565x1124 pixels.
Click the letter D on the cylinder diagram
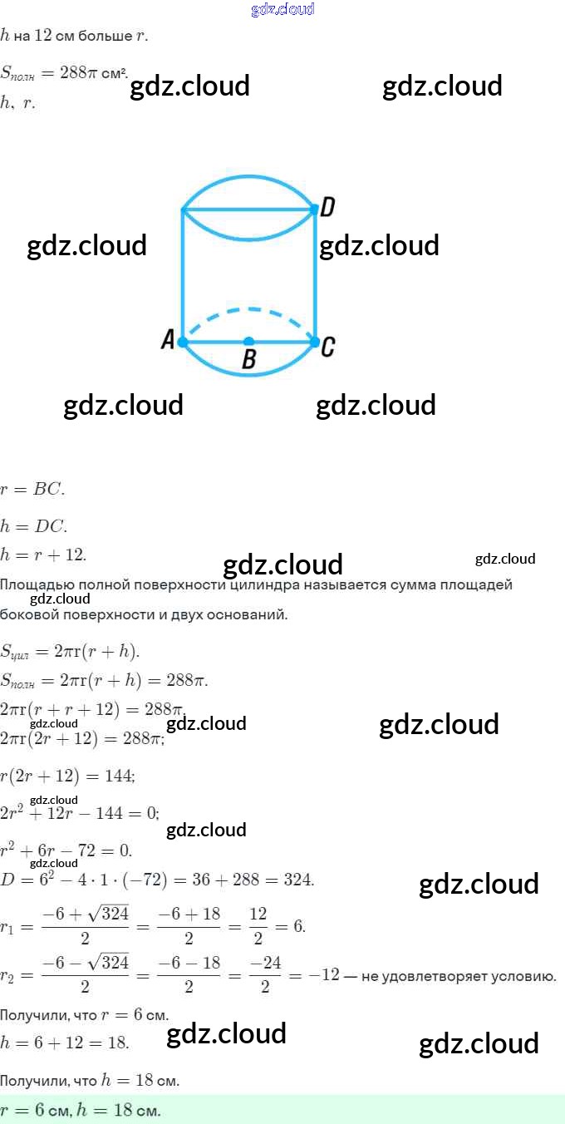(327, 208)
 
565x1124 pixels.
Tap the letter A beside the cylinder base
(168, 341)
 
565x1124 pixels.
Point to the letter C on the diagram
(328, 347)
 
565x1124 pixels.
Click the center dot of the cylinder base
(248, 342)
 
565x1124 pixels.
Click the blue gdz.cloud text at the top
(282, 9)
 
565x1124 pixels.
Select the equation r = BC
(32, 490)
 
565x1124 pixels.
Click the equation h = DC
(34, 526)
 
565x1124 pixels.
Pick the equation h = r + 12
(43, 555)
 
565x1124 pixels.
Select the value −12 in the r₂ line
(329, 975)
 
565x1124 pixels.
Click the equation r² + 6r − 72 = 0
(66, 850)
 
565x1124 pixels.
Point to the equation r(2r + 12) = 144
(68, 775)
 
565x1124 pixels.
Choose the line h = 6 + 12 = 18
(65, 1043)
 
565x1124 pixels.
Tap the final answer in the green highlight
(81, 1110)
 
